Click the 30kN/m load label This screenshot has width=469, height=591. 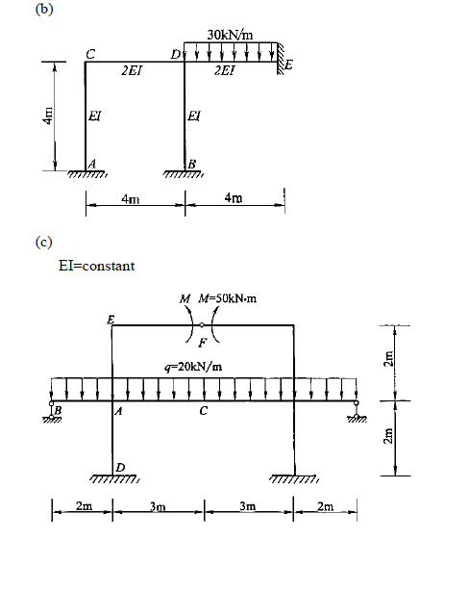[x=230, y=36]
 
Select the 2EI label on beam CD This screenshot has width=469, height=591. [x=134, y=71]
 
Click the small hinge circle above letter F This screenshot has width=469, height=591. [x=202, y=325]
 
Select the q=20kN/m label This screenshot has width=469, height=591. [x=200, y=367]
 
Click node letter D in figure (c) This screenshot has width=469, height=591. [x=119, y=468]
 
